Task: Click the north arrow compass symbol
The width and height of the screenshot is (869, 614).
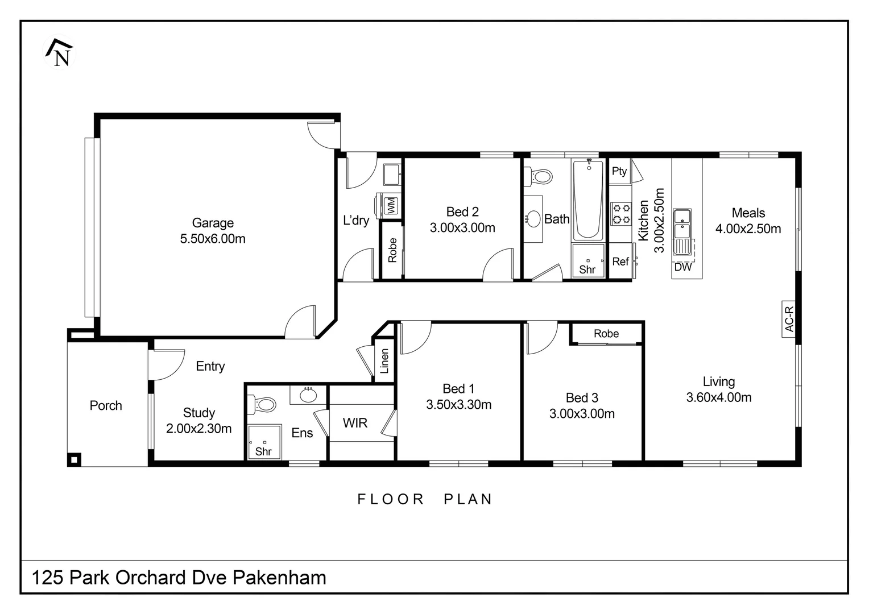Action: (59, 53)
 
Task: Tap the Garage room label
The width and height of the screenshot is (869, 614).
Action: (213, 223)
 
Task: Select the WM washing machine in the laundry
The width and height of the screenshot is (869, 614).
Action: (390, 205)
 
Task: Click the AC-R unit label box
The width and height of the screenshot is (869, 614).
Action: (789, 319)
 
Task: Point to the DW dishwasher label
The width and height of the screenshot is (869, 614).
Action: (682, 267)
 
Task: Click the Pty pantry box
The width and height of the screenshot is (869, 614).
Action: (619, 171)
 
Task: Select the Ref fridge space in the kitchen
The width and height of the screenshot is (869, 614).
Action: (620, 262)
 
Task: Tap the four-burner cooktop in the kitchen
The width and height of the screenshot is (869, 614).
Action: (621, 213)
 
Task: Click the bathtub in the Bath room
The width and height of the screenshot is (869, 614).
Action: (588, 200)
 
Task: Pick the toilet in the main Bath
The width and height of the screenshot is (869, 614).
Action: (539, 176)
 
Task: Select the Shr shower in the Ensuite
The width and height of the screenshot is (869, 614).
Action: (264, 442)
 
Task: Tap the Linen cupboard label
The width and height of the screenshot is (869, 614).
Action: (384, 361)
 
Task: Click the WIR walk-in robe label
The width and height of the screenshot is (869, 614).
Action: (355, 423)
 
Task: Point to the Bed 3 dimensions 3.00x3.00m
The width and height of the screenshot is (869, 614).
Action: (582, 414)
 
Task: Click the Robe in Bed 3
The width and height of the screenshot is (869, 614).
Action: (606, 334)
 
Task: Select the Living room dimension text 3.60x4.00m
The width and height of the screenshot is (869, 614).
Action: (719, 397)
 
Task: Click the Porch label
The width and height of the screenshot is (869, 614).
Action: (106, 405)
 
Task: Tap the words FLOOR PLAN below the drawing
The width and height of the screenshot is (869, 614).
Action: (424, 499)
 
